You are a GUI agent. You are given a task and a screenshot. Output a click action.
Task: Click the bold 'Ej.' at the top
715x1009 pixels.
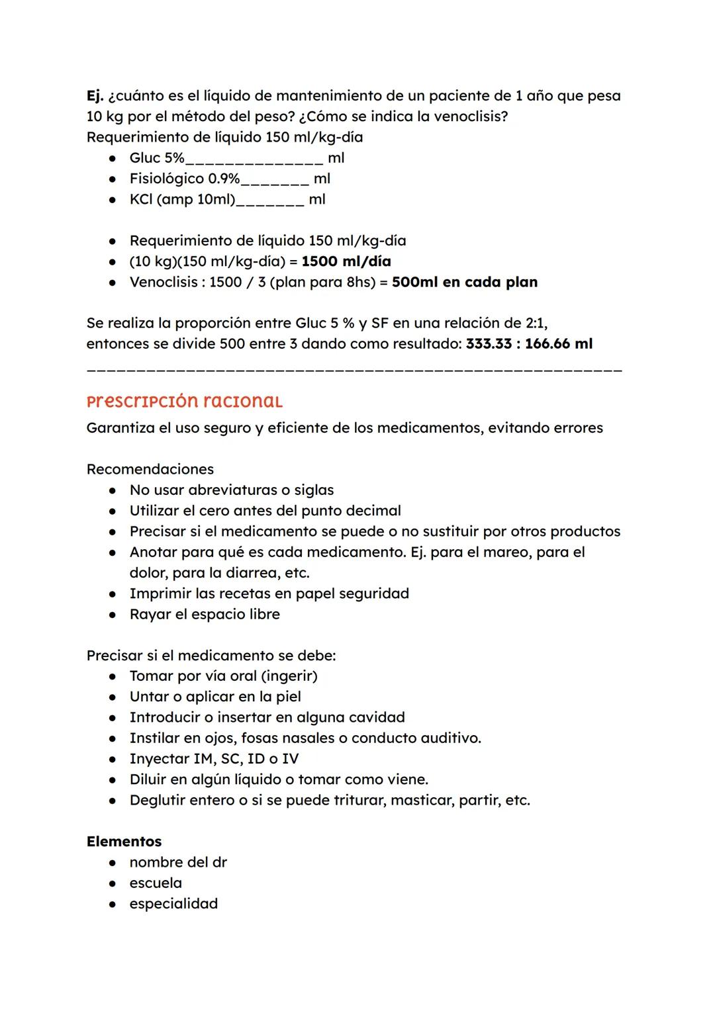tap(95, 96)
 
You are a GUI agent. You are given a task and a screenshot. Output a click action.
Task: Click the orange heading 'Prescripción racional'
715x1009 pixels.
tap(184, 402)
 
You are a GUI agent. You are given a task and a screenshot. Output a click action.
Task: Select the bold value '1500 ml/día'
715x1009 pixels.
tap(346, 261)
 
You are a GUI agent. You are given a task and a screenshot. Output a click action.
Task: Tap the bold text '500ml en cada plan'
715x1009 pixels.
tap(464, 283)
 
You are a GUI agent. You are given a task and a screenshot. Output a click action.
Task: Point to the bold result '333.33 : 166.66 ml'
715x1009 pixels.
tap(529, 344)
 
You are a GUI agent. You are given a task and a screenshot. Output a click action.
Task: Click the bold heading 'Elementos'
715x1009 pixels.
tap(124, 842)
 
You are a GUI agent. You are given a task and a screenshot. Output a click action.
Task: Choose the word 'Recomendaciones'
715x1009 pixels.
tap(150, 470)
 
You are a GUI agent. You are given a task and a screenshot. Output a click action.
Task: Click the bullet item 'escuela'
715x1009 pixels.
tap(156, 883)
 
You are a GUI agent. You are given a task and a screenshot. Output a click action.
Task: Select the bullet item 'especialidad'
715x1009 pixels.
tap(173, 904)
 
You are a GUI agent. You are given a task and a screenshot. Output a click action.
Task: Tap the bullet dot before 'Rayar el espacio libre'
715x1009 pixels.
tap(114, 615)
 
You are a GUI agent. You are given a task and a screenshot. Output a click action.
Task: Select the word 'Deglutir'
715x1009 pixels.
tap(158, 801)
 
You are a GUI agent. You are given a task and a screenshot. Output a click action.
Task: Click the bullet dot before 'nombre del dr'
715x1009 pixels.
tap(114, 863)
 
